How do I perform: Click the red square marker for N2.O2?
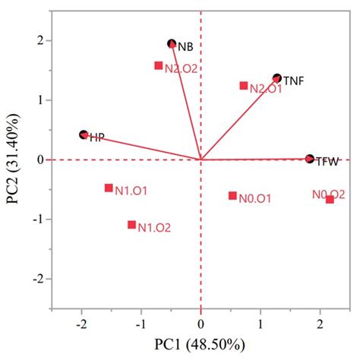159,66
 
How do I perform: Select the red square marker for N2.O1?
244,86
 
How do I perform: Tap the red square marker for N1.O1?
109,188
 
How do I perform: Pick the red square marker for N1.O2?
132,225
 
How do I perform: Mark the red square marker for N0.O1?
232,196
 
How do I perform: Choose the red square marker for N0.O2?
330,200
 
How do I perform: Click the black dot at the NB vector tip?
172,44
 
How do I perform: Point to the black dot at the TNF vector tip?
277,78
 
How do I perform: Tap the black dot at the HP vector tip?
84,134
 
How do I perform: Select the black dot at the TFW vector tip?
309,159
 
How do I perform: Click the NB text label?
186,47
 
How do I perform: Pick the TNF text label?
294,81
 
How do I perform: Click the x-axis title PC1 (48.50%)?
201,346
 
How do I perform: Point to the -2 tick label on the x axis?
81,324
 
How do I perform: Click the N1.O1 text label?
131,191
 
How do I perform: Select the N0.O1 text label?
255,199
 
